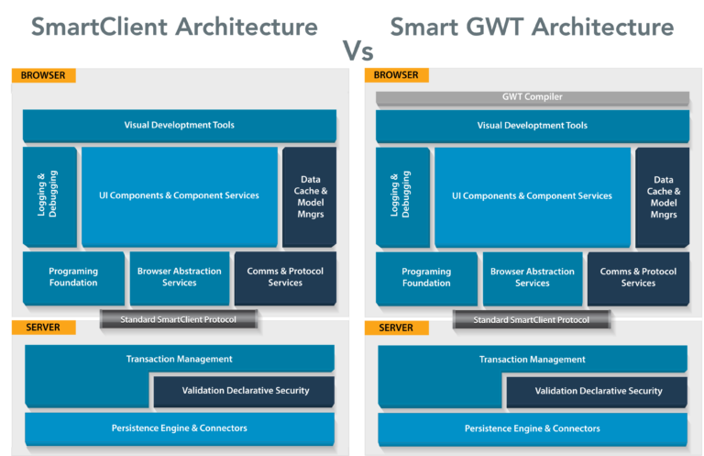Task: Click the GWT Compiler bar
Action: [532, 97]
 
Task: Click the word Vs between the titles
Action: [357, 50]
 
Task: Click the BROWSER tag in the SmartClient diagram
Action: [43, 75]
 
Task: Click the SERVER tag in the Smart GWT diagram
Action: [396, 328]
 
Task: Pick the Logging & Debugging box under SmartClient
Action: [49, 196]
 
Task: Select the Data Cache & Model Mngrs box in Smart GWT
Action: [663, 196]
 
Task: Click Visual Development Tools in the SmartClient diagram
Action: [180, 126]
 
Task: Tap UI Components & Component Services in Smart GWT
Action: [532, 195]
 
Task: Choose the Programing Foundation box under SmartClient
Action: [73, 278]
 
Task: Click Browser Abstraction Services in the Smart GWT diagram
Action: [532, 278]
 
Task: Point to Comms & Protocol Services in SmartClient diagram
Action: [285, 278]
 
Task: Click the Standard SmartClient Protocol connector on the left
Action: [180, 319]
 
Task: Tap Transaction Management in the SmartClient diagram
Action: [180, 359]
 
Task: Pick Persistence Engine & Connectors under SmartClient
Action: [180, 428]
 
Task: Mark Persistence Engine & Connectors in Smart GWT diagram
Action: [532, 428]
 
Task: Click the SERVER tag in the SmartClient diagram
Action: [43, 328]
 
